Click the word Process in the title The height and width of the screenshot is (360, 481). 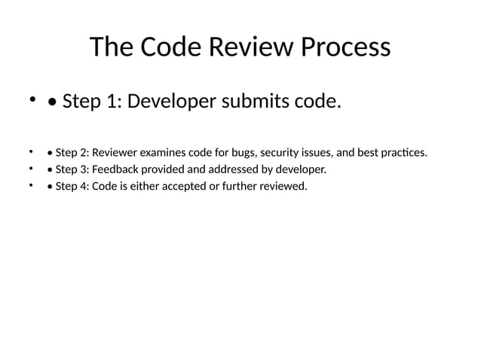point(346,47)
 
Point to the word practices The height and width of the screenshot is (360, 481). point(403,153)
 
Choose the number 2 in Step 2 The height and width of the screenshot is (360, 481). point(82,153)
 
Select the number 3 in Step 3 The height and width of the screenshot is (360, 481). point(82,169)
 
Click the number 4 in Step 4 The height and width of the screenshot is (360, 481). point(82,186)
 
